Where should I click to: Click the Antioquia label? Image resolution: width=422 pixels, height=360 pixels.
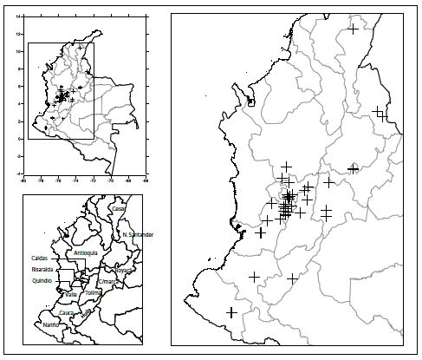click(87, 252)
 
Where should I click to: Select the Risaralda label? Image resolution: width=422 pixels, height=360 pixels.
click(42, 269)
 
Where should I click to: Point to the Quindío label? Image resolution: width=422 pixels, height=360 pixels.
click(42, 280)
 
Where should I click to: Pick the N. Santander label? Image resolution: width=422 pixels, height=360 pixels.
click(138, 235)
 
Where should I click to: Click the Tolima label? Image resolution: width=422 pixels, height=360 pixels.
click(93, 293)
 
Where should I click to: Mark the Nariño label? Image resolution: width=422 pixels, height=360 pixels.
click(54, 324)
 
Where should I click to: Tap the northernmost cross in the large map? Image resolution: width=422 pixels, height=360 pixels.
click(354, 29)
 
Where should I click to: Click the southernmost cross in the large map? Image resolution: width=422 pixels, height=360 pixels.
click(231, 312)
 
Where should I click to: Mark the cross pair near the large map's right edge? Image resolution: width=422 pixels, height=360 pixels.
click(380, 114)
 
